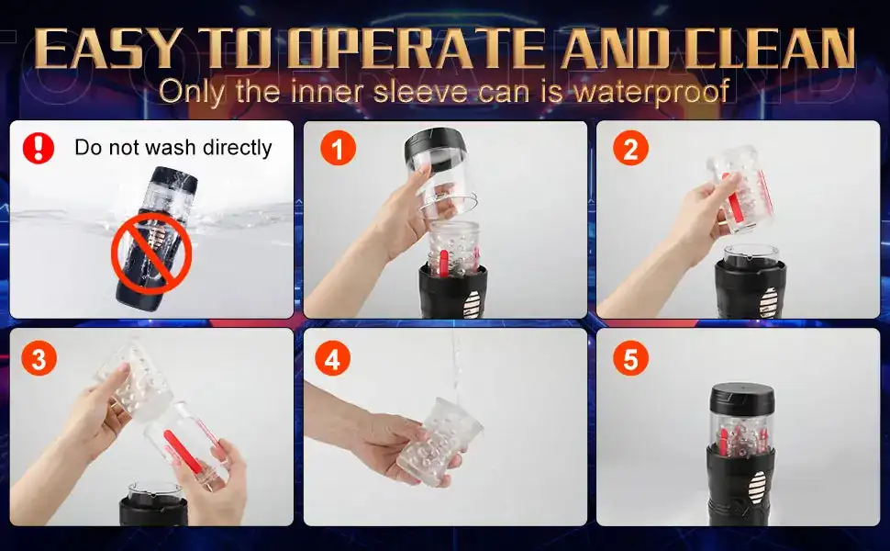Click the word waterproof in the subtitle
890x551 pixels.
click(x=651, y=92)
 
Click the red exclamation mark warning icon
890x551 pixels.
click(x=39, y=148)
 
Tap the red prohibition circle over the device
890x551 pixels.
click(x=151, y=253)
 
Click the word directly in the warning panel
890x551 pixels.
click(x=238, y=148)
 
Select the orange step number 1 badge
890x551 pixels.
click(x=338, y=148)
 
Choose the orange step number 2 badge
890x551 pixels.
click(x=630, y=148)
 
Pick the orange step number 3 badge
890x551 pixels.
click(x=39, y=358)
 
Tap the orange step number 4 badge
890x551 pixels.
click(x=332, y=358)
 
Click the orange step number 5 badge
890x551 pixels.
click(x=630, y=358)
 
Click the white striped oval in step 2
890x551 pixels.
click(x=768, y=303)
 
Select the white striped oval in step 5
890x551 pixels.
click(x=757, y=487)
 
